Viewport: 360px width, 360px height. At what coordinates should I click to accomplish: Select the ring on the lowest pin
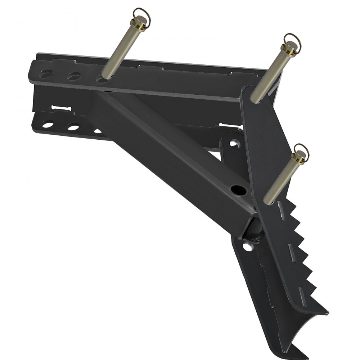[302, 149]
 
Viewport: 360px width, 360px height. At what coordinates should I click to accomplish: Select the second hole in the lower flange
[73, 127]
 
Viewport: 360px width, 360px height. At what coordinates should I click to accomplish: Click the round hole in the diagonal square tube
[237, 189]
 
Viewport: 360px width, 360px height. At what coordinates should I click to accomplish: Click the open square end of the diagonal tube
[252, 230]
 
